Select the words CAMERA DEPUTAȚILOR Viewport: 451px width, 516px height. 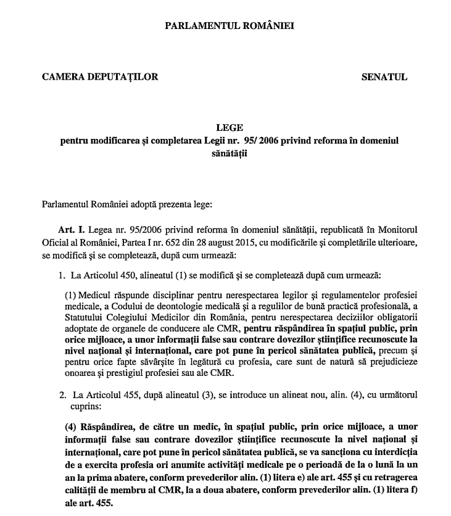tap(100, 77)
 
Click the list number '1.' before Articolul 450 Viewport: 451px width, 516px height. tap(61, 273)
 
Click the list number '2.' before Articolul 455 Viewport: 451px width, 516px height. tap(61, 394)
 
